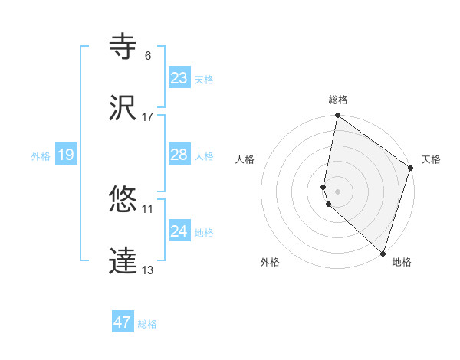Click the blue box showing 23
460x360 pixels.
(179, 78)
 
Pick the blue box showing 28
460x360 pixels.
(179, 155)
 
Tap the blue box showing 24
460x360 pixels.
(179, 231)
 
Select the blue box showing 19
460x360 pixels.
(66, 155)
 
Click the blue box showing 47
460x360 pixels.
(123, 322)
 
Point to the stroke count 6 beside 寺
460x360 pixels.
(148, 56)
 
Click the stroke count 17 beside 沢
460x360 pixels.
(148, 117)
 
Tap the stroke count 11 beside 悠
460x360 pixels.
(148, 208)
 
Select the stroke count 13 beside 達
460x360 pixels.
(148, 270)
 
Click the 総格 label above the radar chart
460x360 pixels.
(338, 100)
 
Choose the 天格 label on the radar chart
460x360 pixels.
(431, 159)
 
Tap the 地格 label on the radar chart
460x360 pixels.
(402, 262)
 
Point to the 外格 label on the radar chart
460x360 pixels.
(270, 262)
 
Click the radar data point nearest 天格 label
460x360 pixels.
(411, 169)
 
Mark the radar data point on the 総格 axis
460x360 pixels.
(337, 116)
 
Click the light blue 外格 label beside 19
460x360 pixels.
(40, 155)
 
